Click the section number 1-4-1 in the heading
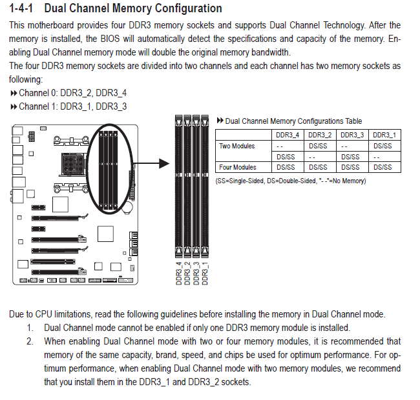pyautogui.click(x=21, y=8)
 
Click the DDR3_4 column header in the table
pyautogui.click(x=288, y=135)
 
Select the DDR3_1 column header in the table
pyautogui.click(x=384, y=135)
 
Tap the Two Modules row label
pyautogui.click(x=236, y=146)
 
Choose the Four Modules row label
pyautogui.click(x=238, y=167)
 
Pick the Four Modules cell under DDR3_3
pyautogui.click(x=350, y=167)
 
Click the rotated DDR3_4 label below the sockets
pyautogui.click(x=178, y=274)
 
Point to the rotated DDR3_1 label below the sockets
pyautogui.click(x=205, y=274)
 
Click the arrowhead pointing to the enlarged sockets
pyautogui.click(x=164, y=163)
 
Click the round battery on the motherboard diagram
pyautogui.click(x=127, y=208)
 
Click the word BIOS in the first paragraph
pyautogui.click(x=110, y=39)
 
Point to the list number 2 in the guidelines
pyautogui.click(x=30, y=341)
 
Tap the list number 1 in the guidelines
pyautogui.click(x=30, y=328)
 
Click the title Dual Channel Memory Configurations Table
pyautogui.click(x=293, y=121)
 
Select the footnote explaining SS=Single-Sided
pyautogui.click(x=291, y=181)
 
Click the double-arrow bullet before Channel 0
pyautogui.click(x=14, y=94)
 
